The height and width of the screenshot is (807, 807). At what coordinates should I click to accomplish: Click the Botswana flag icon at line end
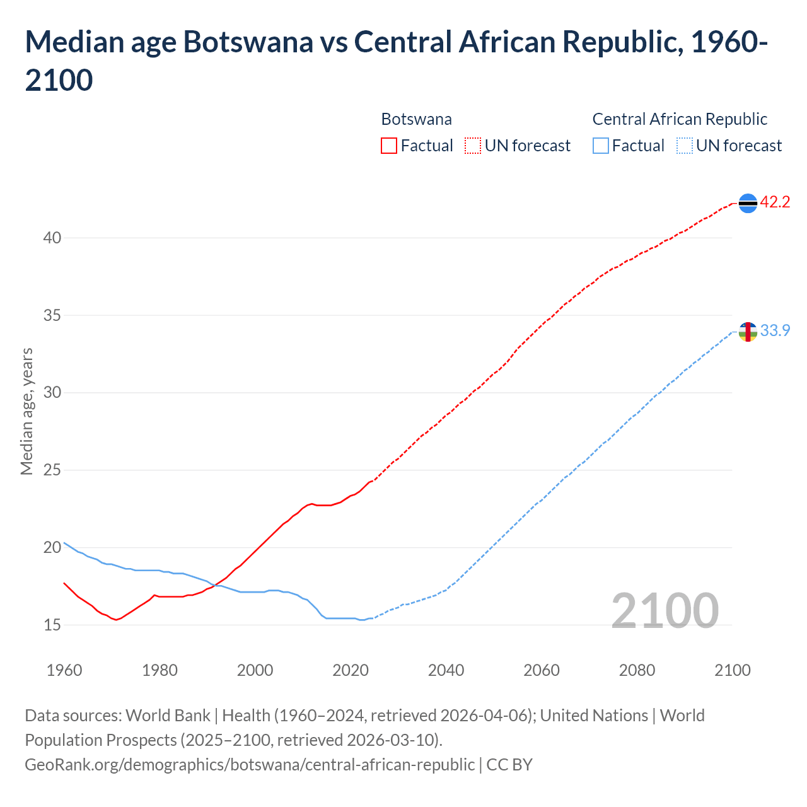(748, 203)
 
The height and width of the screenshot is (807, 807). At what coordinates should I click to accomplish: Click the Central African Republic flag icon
(748, 332)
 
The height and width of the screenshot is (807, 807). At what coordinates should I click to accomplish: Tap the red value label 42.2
(775, 202)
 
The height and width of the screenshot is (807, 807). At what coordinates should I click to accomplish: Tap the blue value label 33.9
(775, 331)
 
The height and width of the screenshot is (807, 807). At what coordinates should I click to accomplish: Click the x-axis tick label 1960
(64, 670)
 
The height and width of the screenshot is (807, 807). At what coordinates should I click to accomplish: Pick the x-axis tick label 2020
(351, 670)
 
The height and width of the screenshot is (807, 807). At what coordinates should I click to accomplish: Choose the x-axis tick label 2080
(637, 670)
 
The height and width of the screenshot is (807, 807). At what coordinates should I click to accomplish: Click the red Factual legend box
(389, 146)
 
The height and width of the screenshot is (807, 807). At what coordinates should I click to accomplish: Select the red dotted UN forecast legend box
(473, 146)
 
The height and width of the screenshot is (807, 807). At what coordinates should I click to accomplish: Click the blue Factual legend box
(601, 146)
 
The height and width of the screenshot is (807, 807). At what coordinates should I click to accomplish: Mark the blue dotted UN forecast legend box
(684, 146)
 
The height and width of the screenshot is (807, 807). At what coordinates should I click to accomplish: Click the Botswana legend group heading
(416, 119)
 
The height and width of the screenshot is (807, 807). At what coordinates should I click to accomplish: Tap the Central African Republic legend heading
(680, 119)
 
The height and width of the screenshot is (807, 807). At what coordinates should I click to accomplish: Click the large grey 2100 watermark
(665, 610)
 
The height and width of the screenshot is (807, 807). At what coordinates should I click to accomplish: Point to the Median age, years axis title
(26, 411)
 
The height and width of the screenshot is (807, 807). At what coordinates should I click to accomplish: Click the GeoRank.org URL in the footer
(250, 765)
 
